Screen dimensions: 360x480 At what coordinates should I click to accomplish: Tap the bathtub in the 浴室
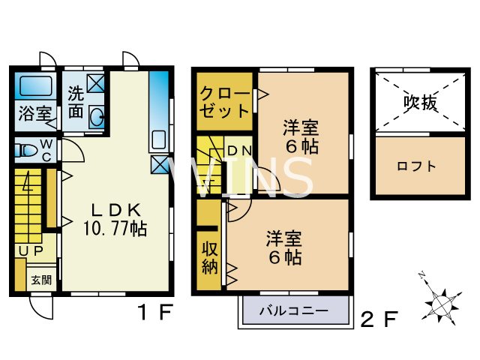(x=34, y=87)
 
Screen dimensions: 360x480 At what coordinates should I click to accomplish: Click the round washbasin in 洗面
(x=97, y=117)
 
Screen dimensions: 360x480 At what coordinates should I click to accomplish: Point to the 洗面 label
(x=76, y=103)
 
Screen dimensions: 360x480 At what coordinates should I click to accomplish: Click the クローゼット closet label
(x=224, y=103)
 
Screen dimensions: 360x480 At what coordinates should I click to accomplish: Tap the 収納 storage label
(x=208, y=257)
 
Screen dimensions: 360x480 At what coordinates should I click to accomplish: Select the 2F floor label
(x=378, y=319)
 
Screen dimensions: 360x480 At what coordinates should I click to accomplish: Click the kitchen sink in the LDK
(x=158, y=140)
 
